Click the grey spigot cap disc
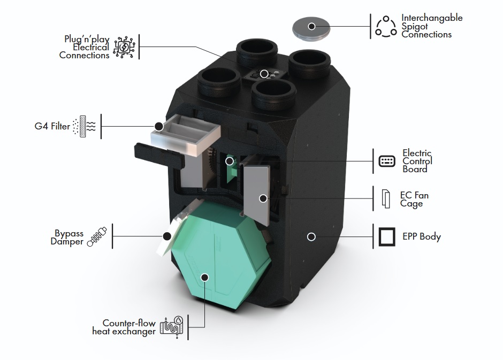pyautogui.click(x=312, y=27)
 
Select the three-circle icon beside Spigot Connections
pyautogui.click(x=386, y=26)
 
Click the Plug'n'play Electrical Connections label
pyautogui.click(x=85, y=47)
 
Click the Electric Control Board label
pyautogui.click(x=417, y=161)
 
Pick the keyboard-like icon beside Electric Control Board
pyautogui.click(x=387, y=161)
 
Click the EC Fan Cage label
pyautogui.click(x=414, y=200)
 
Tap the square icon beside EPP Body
pyautogui.click(x=387, y=236)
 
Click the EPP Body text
pyautogui.click(x=422, y=236)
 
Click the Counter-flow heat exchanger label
pyautogui.click(x=129, y=327)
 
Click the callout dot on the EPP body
pyautogui.click(x=311, y=236)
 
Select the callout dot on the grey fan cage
pyautogui.click(x=263, y=198)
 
